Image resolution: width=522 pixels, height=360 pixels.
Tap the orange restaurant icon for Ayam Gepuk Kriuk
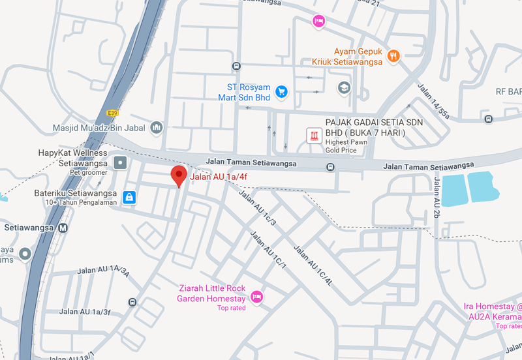pyautogui.click(x=393, y=56)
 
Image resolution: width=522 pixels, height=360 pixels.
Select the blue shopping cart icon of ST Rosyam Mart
pyautogui.click(x=281, y=92)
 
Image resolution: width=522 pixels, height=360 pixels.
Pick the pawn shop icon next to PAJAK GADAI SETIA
pyautogui.click(x=315, y=136)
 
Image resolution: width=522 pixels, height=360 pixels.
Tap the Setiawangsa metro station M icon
pyautogui.click(x=63, y=228)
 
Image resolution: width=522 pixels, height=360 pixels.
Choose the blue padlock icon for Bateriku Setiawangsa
pyautogui.click(x=129, y=196)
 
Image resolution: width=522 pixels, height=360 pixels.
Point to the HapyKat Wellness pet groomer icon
pyautogui.click(x=120, y=162)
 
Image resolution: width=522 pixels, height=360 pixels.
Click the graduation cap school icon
pyautogui.click(x=344, y=87)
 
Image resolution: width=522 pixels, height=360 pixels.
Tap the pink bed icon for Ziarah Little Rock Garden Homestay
pyautogui.click(x=257, y=297)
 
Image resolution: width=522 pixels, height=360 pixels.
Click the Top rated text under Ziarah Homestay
pyautogui.click(x=231, y=308)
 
